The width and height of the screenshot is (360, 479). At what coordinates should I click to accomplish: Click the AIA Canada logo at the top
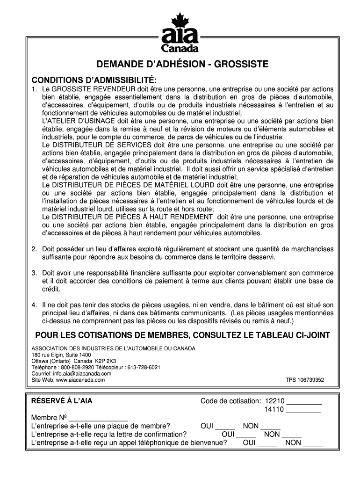180,33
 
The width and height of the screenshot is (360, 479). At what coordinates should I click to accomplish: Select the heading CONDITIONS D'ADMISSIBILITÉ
91,79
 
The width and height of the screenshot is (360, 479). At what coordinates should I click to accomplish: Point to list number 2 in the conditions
34,249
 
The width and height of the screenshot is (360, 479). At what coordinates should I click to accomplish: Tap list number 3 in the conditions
34,273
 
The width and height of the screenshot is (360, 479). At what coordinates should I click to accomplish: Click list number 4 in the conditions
34,305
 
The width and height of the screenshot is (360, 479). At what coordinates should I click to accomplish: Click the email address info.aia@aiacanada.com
81,374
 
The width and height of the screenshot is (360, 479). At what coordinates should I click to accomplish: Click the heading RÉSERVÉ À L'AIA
58,401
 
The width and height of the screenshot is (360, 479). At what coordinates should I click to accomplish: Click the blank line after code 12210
304,402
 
